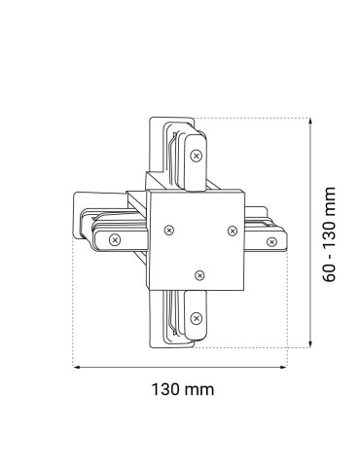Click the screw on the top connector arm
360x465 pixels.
click(x=198, y=154)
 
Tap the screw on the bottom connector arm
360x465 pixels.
click(x=198, y=317)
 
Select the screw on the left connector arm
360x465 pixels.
click(x=116, y=237)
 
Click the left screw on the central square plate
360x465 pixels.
click(x=170, y=231)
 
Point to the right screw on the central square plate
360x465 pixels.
click(x=232, y=230)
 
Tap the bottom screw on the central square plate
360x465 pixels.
click(x=200, y=275)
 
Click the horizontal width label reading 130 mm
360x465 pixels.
click(x=182, y=390)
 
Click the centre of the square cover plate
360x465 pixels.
click(x=199, y=239)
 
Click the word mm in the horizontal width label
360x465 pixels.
click(x=199, y=390)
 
